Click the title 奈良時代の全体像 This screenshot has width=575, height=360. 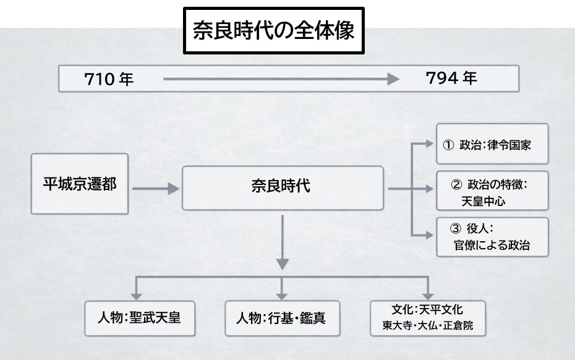pyautogui.click(x=272, y=30)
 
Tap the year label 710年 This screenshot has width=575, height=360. pyautogui.click(x=109, y=79)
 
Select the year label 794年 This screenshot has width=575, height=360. pyautogui.click(x=451, y=79)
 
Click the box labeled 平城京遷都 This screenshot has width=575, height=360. pyautogui.click(x=80, y=184)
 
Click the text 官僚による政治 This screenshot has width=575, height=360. pyautogui.click(x=492, y=245)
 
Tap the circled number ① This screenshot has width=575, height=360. pyautogui.click(x=449, y=145)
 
